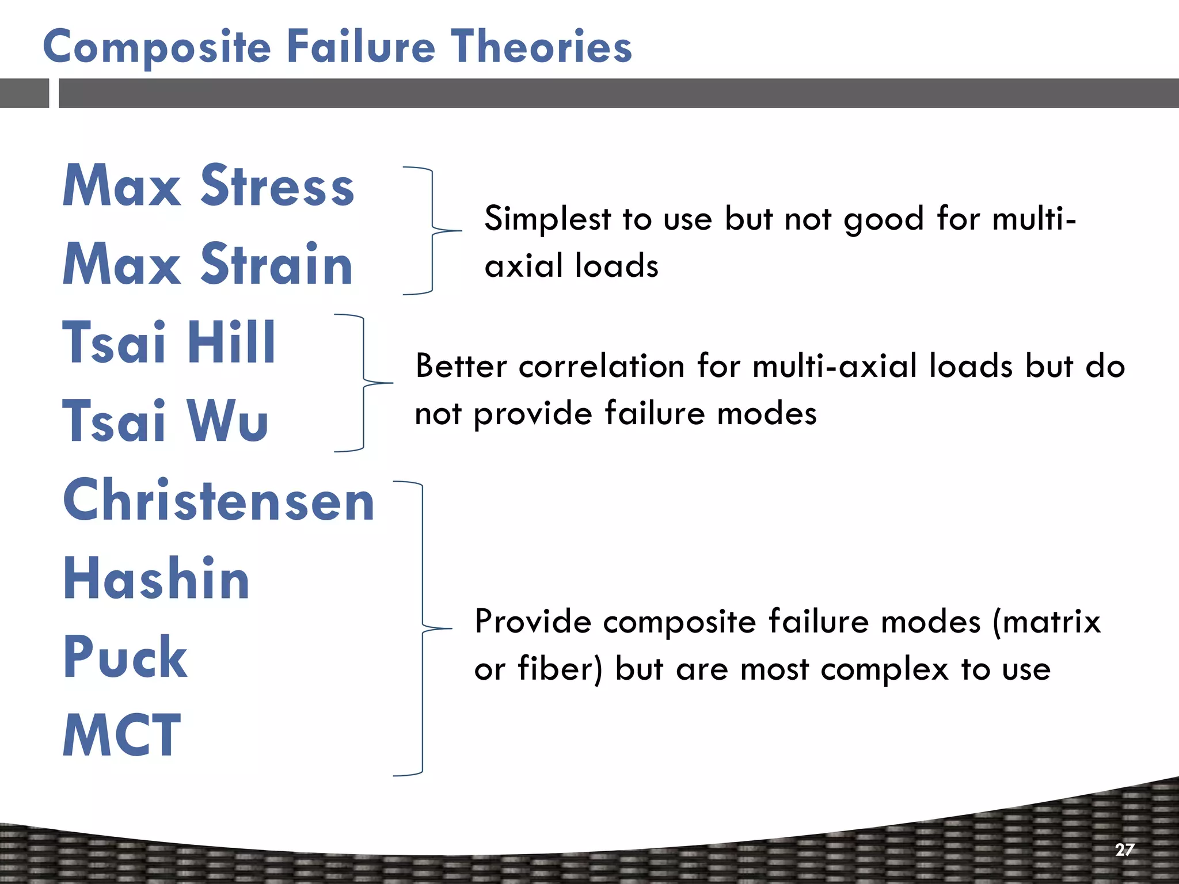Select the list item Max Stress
[208, 185]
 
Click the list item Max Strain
[207, 264]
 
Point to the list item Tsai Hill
[169, 342]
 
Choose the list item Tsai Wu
[165, 421]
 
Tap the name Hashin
[156, 578]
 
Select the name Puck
[125, 657]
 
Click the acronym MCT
[121, 735]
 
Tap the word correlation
[601, 366]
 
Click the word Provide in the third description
[533, 622]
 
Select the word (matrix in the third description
[1047, 622]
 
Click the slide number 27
[1124, 849]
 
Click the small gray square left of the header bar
[24, 93]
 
